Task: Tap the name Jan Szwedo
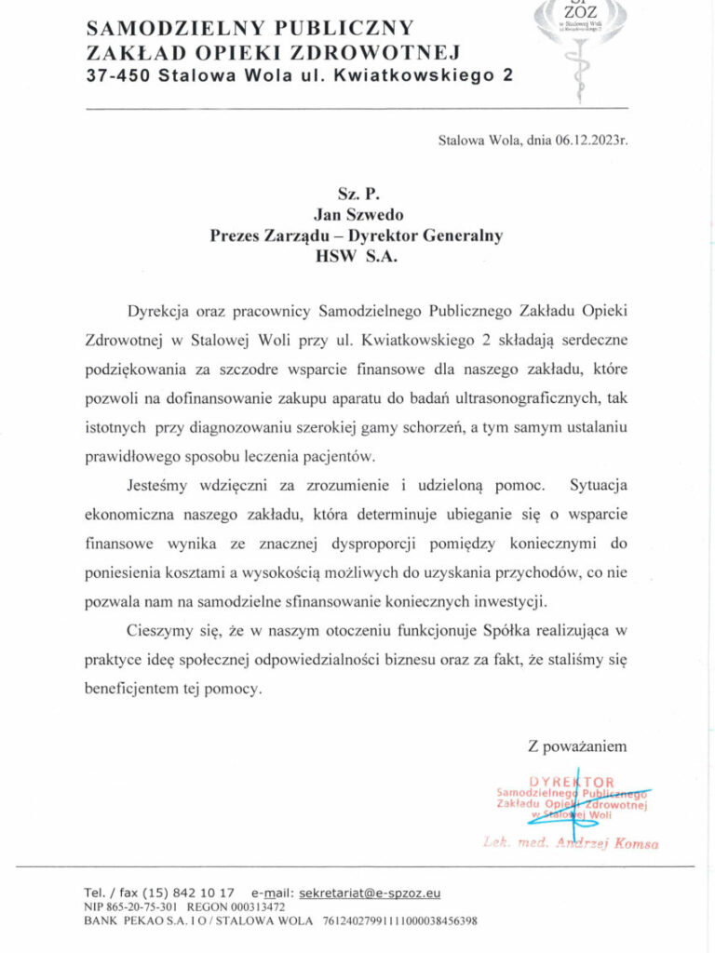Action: pyautogui.click(x=357, y=213)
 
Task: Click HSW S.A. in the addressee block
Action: pyautogui.click(x=357, y=258)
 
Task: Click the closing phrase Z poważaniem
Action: pyautogui.click(x=571, y=745)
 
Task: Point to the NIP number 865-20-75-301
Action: pyautogui.click(x=142, y=906)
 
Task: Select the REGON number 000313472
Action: pyautogui.click(x=255, y=906)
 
